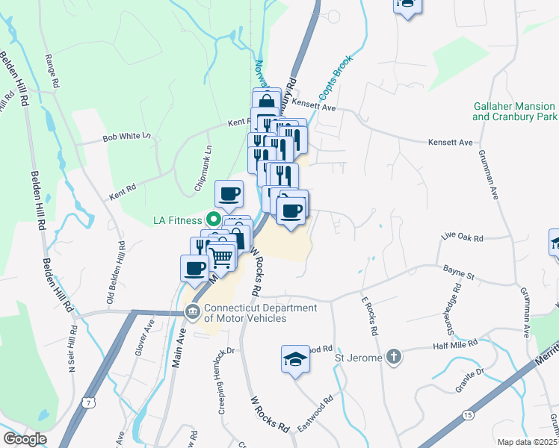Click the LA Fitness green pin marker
[x=212, y=220]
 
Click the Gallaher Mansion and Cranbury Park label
[x=515, y=112]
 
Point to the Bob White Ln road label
[x=127, y=137]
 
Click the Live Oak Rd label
[x=463, y=238]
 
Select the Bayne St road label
[x=459, y=276]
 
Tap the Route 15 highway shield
[x=468, y=414]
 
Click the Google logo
[x=24, y=439]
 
